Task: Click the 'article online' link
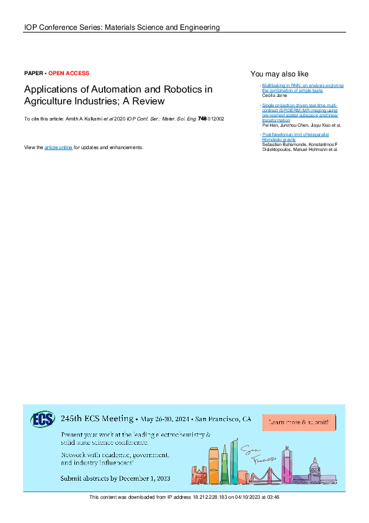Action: coord(58,147)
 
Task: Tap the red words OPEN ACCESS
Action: coord(69,73)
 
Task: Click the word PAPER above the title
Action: coord(33,73)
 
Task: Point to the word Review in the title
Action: coord(149,101)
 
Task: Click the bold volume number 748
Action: coord(202,118)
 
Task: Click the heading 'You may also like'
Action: coord(279,73)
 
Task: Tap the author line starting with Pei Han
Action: coord(301,125)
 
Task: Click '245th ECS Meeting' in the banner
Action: coord(97,418)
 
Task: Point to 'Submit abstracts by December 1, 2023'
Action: coord(115,479)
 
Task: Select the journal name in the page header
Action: coord(122,27)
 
